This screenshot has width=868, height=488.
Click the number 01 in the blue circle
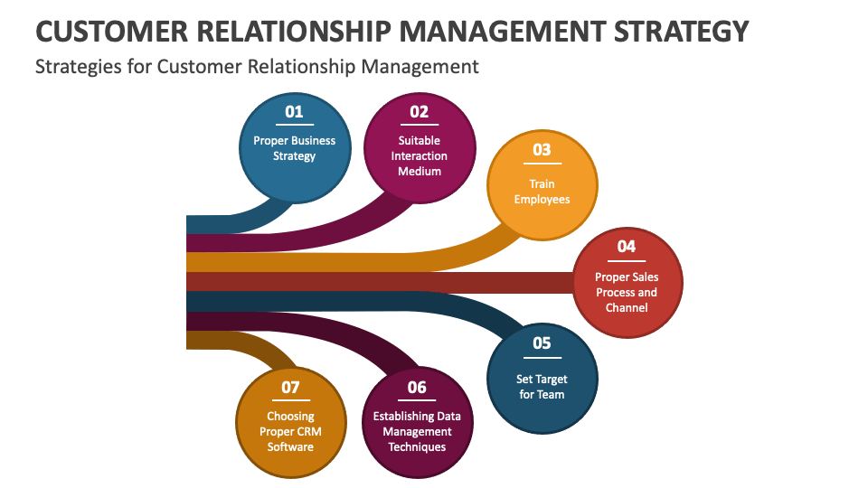pos(294,112)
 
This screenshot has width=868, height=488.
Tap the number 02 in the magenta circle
pos(419,112)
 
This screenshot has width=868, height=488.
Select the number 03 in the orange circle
pos(542,150)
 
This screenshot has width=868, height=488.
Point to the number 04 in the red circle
pos(627,246)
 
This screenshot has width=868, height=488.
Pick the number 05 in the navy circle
pos(542,343)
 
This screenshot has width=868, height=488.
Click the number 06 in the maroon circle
pos(417,387)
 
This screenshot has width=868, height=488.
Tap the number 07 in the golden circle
pos(290,387)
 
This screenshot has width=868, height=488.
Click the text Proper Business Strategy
pos(294,148)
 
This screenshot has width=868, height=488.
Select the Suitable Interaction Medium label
pos(419,155)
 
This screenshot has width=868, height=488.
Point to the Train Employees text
pos(542,192)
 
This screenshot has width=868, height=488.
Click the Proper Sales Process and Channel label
pos(627,292)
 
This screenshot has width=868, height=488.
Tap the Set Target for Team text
pos(542,387)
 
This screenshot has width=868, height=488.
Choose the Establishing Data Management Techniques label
pos(417,431)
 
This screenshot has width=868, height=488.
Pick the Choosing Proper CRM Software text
pos(290,431)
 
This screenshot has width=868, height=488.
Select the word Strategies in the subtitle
pos(75,66)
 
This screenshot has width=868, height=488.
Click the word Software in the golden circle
pos(290,446)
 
